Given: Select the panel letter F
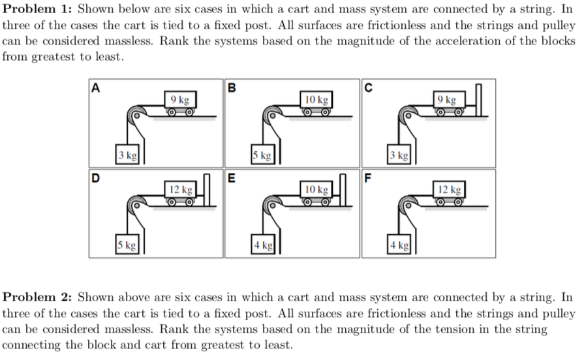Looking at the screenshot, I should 368,175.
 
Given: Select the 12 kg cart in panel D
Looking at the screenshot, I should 179,192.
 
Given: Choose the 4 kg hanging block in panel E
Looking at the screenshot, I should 264,246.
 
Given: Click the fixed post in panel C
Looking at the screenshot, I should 480,101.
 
